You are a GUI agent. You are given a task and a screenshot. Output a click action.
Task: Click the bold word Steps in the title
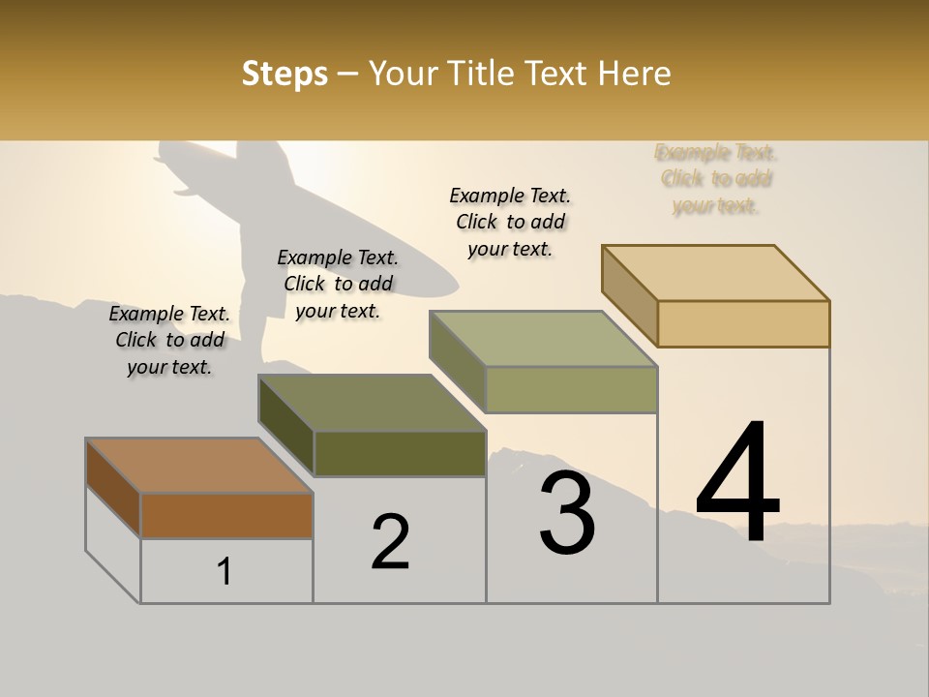pos(285,74)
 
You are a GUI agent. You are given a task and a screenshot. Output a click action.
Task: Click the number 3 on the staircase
pos(567,512)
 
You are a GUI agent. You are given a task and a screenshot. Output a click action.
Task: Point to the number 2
pos(390,542)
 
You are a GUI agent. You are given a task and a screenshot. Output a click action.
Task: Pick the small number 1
pos(225,572)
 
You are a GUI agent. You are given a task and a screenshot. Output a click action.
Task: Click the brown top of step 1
pos(198,465)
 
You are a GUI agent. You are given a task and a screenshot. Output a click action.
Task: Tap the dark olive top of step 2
pos(372,402)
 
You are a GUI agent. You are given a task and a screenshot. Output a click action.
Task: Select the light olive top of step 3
pos(543,339)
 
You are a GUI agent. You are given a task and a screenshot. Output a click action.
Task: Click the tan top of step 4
pos(716,272)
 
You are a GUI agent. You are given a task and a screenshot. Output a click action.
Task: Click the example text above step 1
pos(169,340)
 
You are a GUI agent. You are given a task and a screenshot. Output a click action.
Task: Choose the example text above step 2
pos(338,284)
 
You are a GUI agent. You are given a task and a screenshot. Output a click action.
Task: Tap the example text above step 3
pos(510,222)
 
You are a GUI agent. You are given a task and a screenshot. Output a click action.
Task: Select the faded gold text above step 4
pos(716,179)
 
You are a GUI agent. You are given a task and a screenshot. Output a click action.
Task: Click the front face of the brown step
pos(226,515)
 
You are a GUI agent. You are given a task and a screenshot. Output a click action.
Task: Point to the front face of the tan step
pos(743,323)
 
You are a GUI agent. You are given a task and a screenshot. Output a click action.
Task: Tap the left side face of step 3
pos(458,360)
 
